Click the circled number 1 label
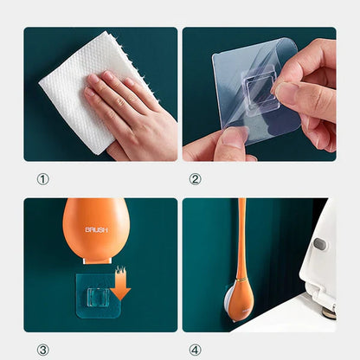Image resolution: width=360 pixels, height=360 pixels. click(42, 180)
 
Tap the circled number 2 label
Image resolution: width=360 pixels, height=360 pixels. click(195, 180)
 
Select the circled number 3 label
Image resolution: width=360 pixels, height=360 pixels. click(42, 350)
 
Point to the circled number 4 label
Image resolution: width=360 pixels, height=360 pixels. click(195, 350)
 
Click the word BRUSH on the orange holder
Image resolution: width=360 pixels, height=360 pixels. click(97, 230)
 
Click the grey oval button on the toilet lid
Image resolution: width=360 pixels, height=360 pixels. click(321, 244)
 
